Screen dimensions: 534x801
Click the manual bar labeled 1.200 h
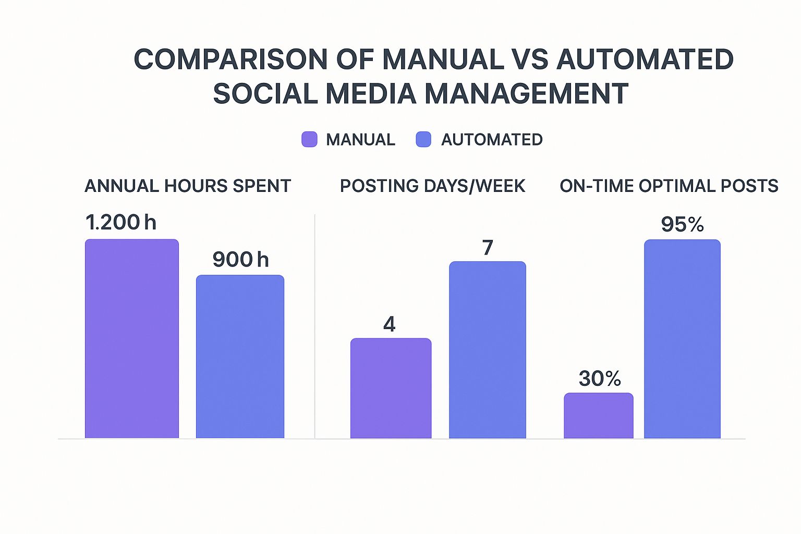pos(132,338)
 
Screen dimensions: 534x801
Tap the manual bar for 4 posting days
pos(391,388)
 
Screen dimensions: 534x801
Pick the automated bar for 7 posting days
pos(488,349)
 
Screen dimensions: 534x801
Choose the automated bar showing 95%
pos(682,338)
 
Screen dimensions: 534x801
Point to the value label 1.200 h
pos(121,223)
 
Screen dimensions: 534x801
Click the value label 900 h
pos(240,260)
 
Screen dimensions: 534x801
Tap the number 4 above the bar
pos(390,324)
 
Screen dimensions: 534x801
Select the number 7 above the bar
pos(488,248)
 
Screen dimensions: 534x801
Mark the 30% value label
pos(600,379)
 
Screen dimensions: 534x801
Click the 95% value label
pos(682,225)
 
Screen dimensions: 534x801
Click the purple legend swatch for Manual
pos(309,139)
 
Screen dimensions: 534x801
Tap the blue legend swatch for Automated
pos(423,139)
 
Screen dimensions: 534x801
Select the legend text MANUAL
pos(360,140)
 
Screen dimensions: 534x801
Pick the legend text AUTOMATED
pos(492,140)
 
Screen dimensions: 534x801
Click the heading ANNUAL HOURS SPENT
pos(188,186)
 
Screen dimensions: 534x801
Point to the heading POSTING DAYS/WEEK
pos(432,186)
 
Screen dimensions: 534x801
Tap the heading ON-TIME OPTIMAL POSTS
pos(669,186)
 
